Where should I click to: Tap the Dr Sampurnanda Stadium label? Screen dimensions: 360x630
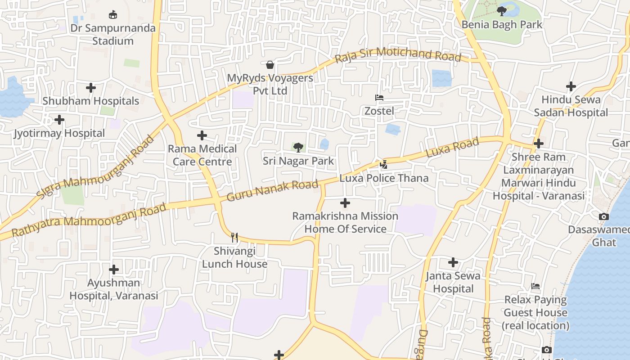click(113, 34)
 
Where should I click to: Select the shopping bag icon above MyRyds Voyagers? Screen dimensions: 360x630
click(270, 65)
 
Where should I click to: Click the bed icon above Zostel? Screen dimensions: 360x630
click(379, 98)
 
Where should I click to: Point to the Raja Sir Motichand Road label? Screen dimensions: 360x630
click(398, 54)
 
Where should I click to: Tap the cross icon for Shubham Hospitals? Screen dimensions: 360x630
click(91, 88)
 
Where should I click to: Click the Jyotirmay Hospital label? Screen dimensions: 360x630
click(59, 133)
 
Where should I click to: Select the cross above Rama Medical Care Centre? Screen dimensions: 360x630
click(202, 135)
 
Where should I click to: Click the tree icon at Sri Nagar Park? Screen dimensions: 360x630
click(298, 148)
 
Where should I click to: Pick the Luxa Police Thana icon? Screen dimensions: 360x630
click(383, 165)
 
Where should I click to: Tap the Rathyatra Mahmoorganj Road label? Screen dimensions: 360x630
click(89, 220)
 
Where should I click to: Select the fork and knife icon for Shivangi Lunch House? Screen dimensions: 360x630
click(234, 237)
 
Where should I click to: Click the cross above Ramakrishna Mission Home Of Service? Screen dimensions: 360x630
click(345, 203)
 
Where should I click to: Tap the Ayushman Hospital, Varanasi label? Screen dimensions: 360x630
click(114, 289)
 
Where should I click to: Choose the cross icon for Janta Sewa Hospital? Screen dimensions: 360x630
click(453, 262)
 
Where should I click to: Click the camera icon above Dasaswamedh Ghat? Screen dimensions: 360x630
click(603, 217)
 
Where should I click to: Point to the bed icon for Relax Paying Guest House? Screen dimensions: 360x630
click(535, 286)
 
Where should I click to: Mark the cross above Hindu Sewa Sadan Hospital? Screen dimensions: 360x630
click(571, 86)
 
